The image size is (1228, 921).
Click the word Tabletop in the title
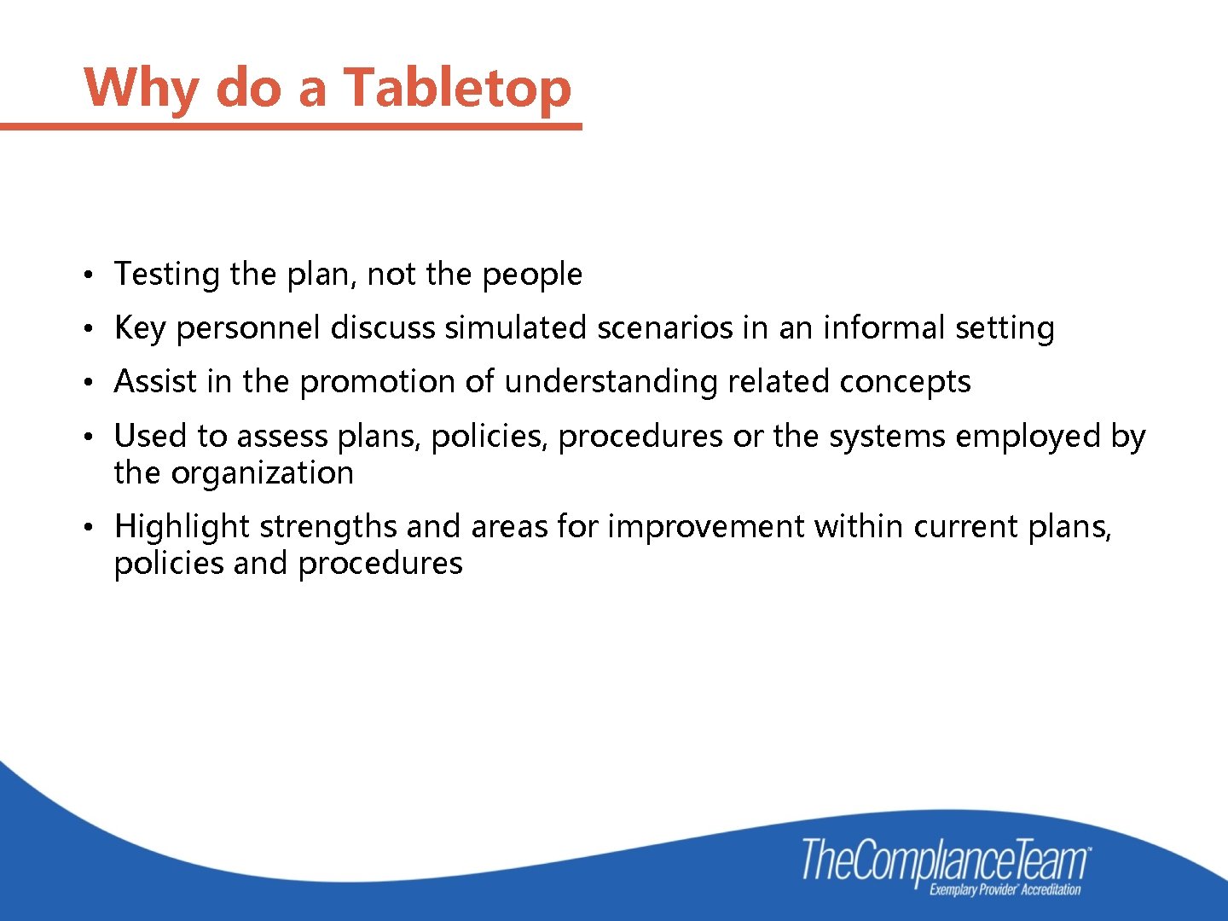(457, 88)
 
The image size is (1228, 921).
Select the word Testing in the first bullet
(167, 275)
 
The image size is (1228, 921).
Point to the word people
(532, 275)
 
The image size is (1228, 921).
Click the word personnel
(248, 328)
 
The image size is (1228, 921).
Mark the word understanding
(611, 382)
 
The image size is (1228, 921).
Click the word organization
(263, 473)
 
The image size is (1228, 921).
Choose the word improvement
(705, 527)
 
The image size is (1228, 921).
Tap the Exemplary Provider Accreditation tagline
(1005, 890)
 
